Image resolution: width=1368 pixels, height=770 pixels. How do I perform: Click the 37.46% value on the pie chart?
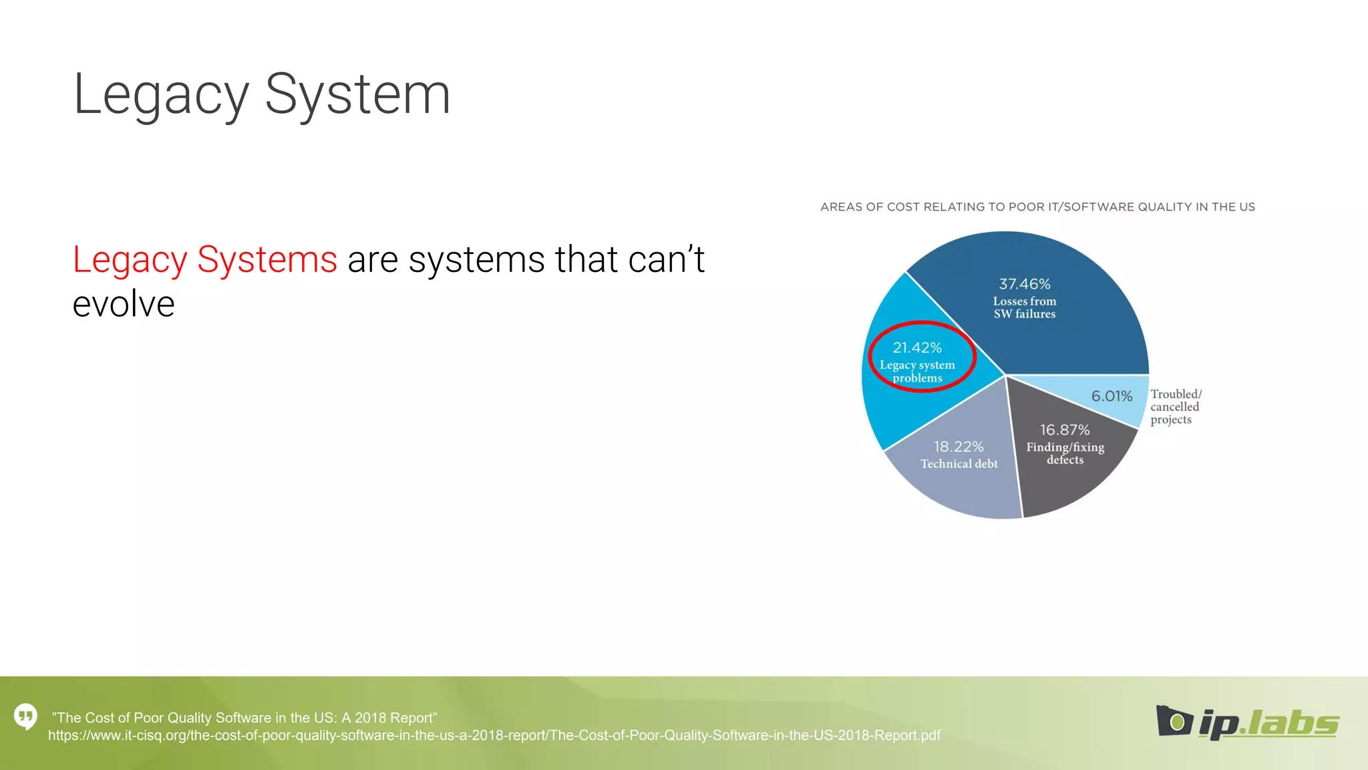(1024, 284)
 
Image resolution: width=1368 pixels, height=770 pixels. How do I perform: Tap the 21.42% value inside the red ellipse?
(917, 348)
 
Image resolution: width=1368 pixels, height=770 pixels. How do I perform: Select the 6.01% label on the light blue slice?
(1111, 396)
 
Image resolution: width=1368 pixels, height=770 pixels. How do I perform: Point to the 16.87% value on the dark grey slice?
(1065, 430)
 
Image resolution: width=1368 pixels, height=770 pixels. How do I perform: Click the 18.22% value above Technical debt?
(959, 446)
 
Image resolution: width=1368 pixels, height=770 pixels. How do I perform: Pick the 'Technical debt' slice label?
(959, 464)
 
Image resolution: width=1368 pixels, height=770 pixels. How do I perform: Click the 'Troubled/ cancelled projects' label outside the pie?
(1175, 407)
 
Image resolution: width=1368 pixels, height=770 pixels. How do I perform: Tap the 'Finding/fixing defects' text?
(1065, 453)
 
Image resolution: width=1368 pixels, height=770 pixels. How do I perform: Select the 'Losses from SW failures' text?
(1024, 307)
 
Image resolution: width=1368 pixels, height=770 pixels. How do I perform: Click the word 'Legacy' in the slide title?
(160, 96)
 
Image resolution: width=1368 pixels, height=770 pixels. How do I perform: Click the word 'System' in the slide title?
(357, 96)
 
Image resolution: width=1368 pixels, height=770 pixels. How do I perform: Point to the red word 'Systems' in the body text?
(267, 259)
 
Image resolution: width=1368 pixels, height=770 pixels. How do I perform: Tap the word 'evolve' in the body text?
(124, 304)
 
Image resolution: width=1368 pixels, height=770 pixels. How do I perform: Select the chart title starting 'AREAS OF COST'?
(1037, 207)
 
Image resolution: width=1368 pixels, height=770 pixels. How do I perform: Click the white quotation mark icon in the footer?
(26, 717)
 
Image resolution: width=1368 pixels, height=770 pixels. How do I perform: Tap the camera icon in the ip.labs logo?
(1174, 721)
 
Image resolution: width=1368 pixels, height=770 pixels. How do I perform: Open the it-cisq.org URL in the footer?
(494, 736)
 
